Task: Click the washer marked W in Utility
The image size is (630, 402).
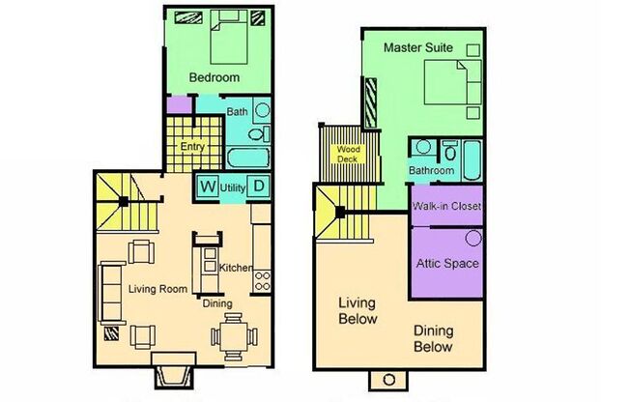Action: [208, 187]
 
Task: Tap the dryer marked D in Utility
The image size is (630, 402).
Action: [258, 187]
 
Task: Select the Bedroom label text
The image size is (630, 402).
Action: [215, 77]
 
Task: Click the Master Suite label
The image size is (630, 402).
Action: [417, 47]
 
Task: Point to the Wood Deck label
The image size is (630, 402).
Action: [348, 154]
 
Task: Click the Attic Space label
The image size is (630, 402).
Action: [447, 264]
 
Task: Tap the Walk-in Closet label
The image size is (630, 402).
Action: [446, 206]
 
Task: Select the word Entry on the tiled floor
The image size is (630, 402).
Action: [192, 147]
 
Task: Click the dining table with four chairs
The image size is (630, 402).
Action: [234, 337]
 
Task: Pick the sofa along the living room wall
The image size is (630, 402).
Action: [111, 293]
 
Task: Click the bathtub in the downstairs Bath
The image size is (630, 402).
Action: [248, 158]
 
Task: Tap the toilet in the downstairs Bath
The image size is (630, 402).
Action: [259, 133]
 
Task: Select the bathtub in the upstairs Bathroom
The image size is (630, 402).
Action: [472, 160]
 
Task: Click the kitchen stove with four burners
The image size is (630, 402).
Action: [262, 281]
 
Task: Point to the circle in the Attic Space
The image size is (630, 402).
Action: [473, 238]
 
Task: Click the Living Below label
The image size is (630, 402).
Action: [358, 311]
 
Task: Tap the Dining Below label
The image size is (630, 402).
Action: [434, 338]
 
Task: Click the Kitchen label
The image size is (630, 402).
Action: [236, 268]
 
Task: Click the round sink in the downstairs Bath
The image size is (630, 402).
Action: [263, 110]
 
